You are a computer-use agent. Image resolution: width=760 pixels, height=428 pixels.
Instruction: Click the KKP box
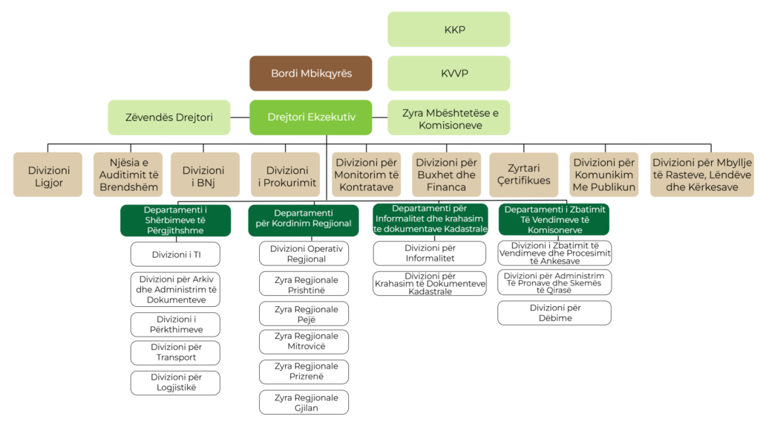pyautogui.click(x=448, y=29)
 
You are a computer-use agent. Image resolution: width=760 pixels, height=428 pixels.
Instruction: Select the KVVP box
pyautogui.click(x=448, y=73)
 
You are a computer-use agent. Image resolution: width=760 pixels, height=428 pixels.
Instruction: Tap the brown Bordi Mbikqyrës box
pyautogui.click(x=310, y=73)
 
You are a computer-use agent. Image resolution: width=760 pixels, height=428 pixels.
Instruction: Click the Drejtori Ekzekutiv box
pyautogui.click(x=310, y=117)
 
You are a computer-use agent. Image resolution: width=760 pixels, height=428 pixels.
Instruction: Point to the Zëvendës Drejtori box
pyautogui.click(x=168, y=117)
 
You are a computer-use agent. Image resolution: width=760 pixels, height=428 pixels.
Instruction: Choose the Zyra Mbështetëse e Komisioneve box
pyautogui.click(x=448, y=117)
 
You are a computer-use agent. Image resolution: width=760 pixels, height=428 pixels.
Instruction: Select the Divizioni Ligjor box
pyautogui.click(x=47, y=175)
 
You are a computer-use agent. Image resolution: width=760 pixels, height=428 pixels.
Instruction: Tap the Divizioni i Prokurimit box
pyautogui.click(x=286, y=175)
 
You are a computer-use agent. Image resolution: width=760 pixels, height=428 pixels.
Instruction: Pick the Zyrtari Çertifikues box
pyautogui.click(x=523, y=175)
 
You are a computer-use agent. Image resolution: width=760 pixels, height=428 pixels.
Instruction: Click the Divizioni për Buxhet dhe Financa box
pyautogui.click(x=445, y=175)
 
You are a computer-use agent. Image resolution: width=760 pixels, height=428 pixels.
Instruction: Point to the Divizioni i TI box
pyautogui.click(x=175, y=254)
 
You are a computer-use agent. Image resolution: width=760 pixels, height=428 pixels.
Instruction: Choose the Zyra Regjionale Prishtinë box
pyautogui.click(x=305, y=284)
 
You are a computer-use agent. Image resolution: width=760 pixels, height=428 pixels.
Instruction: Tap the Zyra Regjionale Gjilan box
pyautogui.click(x=305, y=402)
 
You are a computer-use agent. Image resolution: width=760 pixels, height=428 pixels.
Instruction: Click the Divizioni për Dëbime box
pyautogui.click(x=554, y=312)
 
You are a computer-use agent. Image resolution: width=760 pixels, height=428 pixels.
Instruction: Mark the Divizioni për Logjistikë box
pyautogui.click(x=175, y=383)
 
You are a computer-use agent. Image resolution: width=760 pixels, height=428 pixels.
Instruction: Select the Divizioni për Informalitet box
pyautogui.click(x=430, y=253)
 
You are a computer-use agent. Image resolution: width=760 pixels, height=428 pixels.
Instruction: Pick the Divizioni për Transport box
pyautogui.click(x=175, y=352)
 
